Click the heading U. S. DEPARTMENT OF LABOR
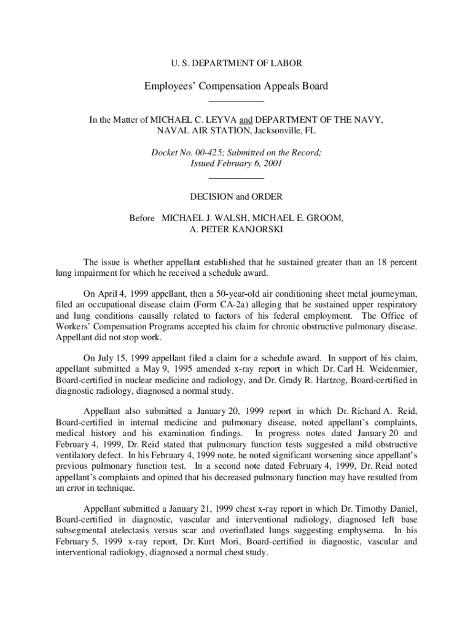coord(236,63)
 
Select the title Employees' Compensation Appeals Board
coord(236,86)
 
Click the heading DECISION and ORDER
coord(237,197)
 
